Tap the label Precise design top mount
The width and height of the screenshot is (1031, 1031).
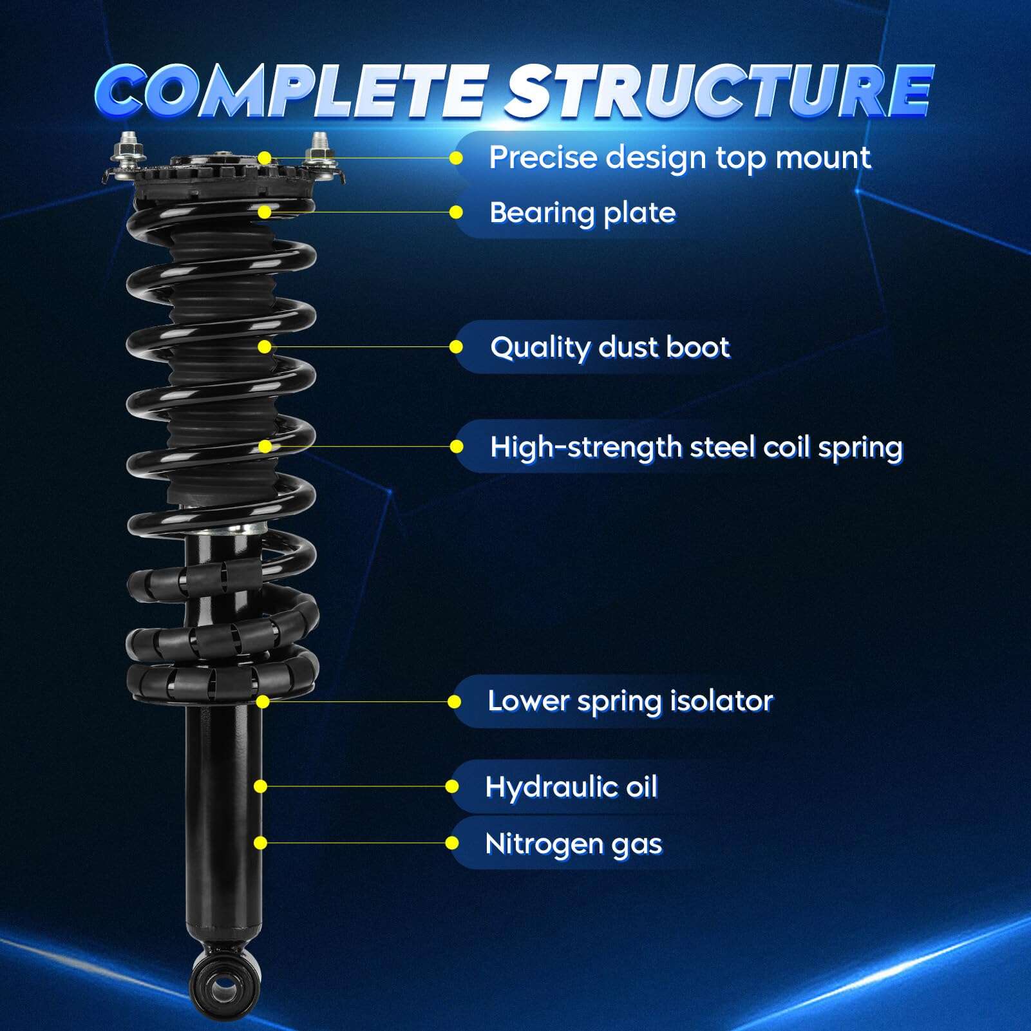pyautogui.click(x=679, y=158)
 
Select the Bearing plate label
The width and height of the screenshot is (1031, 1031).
pyautogui.click(x=582, y=213)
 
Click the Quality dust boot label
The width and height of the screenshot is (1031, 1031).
pyautogui.click(x=609, y=347)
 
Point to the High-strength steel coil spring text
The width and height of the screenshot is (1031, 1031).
pyautogui.click(x=696, y=447)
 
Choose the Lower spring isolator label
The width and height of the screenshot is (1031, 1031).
pyautogui.click(x=630, y=701)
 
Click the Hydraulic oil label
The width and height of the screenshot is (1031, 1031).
pyautogui.click(x=571, y=787)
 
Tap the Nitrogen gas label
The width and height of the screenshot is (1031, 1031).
pyautogui.click(x=573, y=844)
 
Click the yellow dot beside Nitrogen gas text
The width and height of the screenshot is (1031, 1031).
pyautogui.click(x=452, y=843)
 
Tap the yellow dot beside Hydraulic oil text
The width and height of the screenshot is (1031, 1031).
pyautogui.click(x=452, y=786)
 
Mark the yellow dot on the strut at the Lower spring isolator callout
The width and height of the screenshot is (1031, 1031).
pyautogui.click(x=262, y=701)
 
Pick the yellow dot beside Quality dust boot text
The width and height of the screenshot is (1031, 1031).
pyautogui.click(x=456, y=347)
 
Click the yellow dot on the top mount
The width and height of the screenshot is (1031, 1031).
pyautogui.click(x=265, y=158)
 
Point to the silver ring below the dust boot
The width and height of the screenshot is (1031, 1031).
pyautogui.click(x=229, y=529)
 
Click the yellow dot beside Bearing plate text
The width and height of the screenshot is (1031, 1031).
pyautogui.click(x=456, y=213)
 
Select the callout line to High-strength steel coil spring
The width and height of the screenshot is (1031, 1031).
pyautogui.click(x=361, y=446)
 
